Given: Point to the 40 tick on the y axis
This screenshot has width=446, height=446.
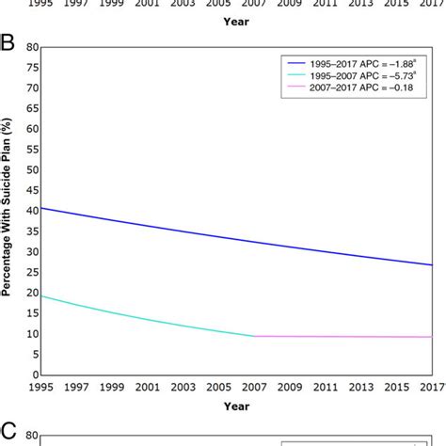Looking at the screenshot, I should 31,210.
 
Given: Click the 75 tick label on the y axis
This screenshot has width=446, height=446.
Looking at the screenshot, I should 31,67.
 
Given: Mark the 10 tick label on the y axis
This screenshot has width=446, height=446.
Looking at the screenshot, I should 31,333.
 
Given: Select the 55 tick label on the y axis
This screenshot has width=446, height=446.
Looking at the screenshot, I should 31,149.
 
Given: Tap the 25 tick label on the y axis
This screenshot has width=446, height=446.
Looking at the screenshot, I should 31,272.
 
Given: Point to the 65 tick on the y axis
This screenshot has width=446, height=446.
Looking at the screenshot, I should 31,108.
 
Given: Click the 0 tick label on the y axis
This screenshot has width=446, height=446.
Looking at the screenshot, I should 34,374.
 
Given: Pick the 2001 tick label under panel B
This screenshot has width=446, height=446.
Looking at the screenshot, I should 148,387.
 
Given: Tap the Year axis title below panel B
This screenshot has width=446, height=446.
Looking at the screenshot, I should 236,406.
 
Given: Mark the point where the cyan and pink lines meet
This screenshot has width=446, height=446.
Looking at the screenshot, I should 255,336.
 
